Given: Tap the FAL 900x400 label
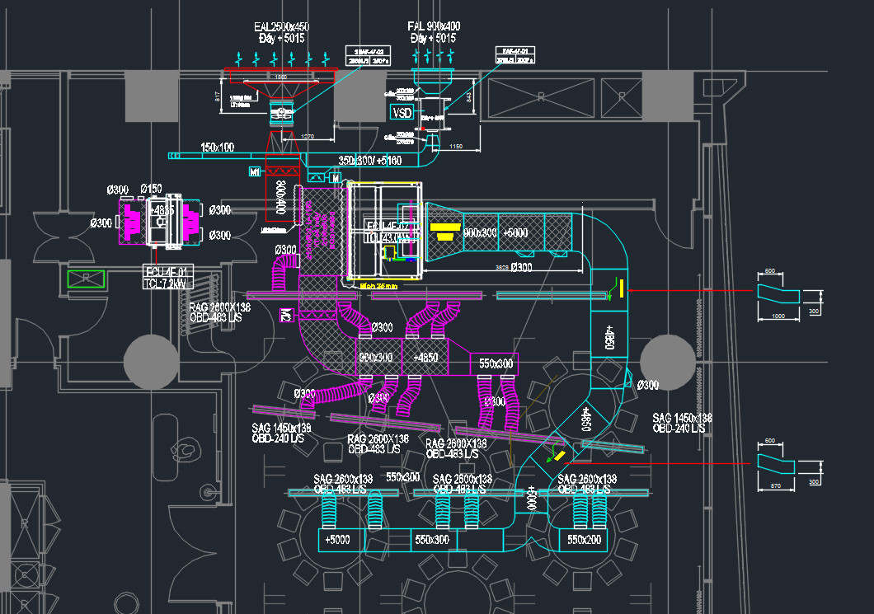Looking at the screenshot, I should coord(433,27).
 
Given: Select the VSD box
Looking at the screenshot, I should coord(402,112).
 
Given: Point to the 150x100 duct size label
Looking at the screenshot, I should coord(217,148).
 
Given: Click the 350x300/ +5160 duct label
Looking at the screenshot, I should coord(369,160).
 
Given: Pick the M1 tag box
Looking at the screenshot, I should coord(255,171).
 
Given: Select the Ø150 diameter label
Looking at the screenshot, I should coord(151,189).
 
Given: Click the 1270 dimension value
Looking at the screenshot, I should coord(308,137).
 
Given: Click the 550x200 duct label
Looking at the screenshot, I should coord(584,540).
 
